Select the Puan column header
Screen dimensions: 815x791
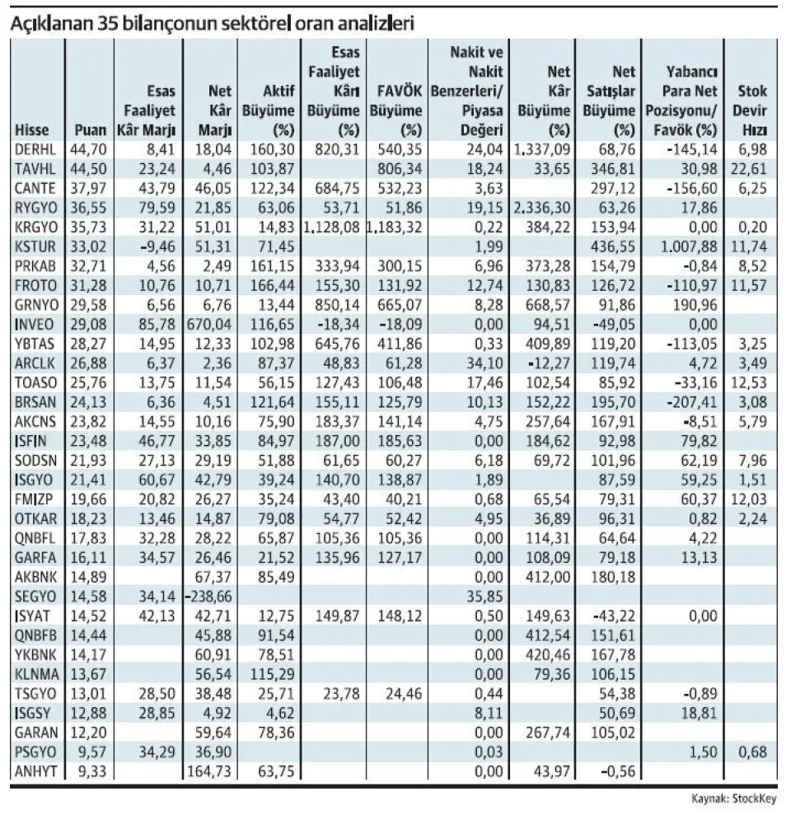pos(89,130)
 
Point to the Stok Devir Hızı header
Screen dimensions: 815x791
pos(751,111)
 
